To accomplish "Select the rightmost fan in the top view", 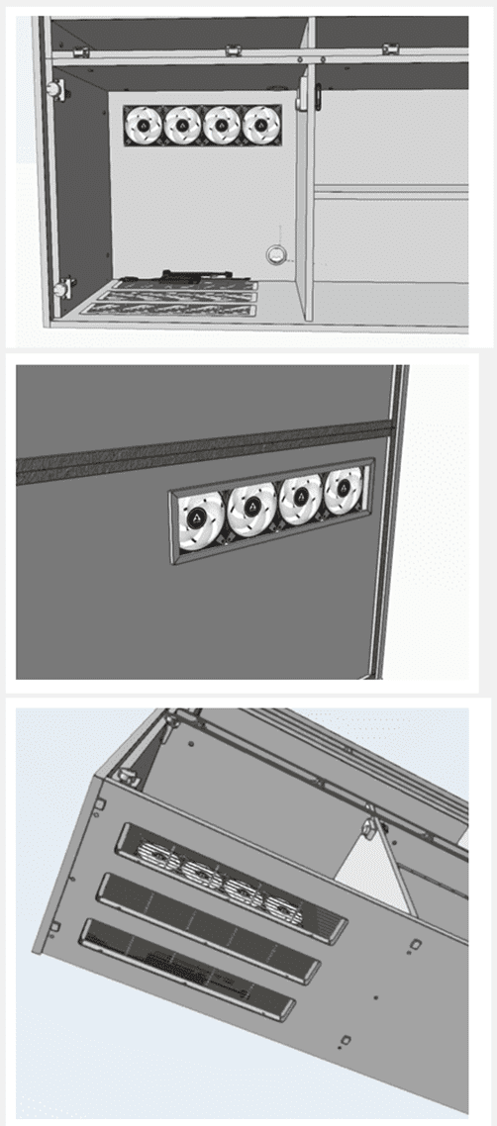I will click(x=260, y=124).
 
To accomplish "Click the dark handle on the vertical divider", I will click(x=319, y=96).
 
